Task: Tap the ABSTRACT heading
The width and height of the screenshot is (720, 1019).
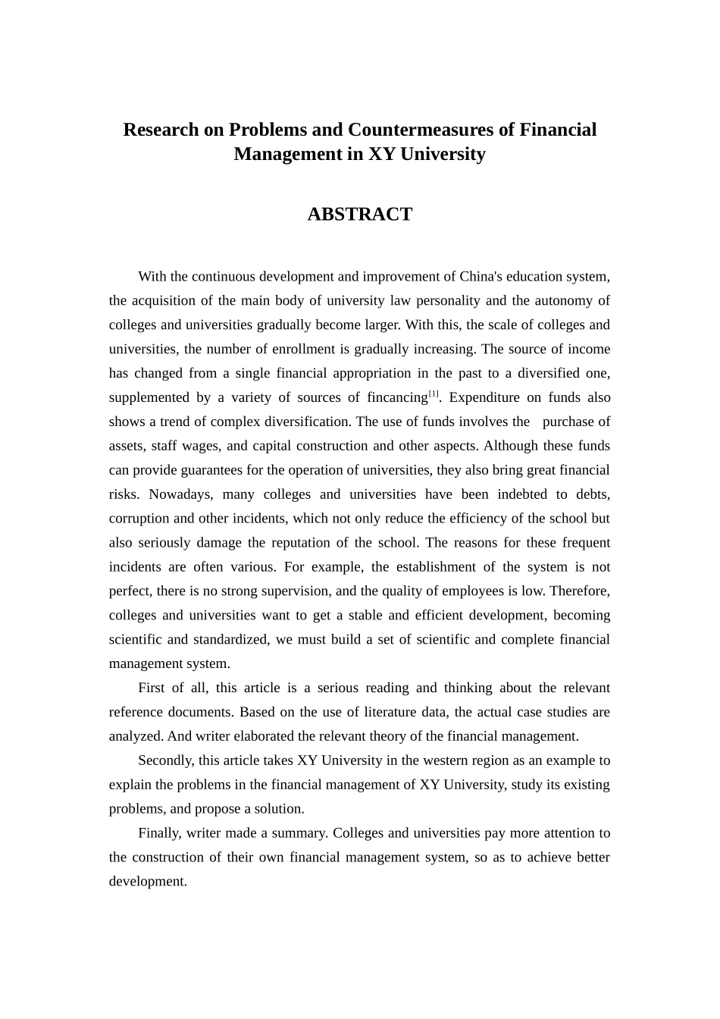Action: [359, 215]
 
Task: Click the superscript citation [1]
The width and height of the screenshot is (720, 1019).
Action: [434, 393]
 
